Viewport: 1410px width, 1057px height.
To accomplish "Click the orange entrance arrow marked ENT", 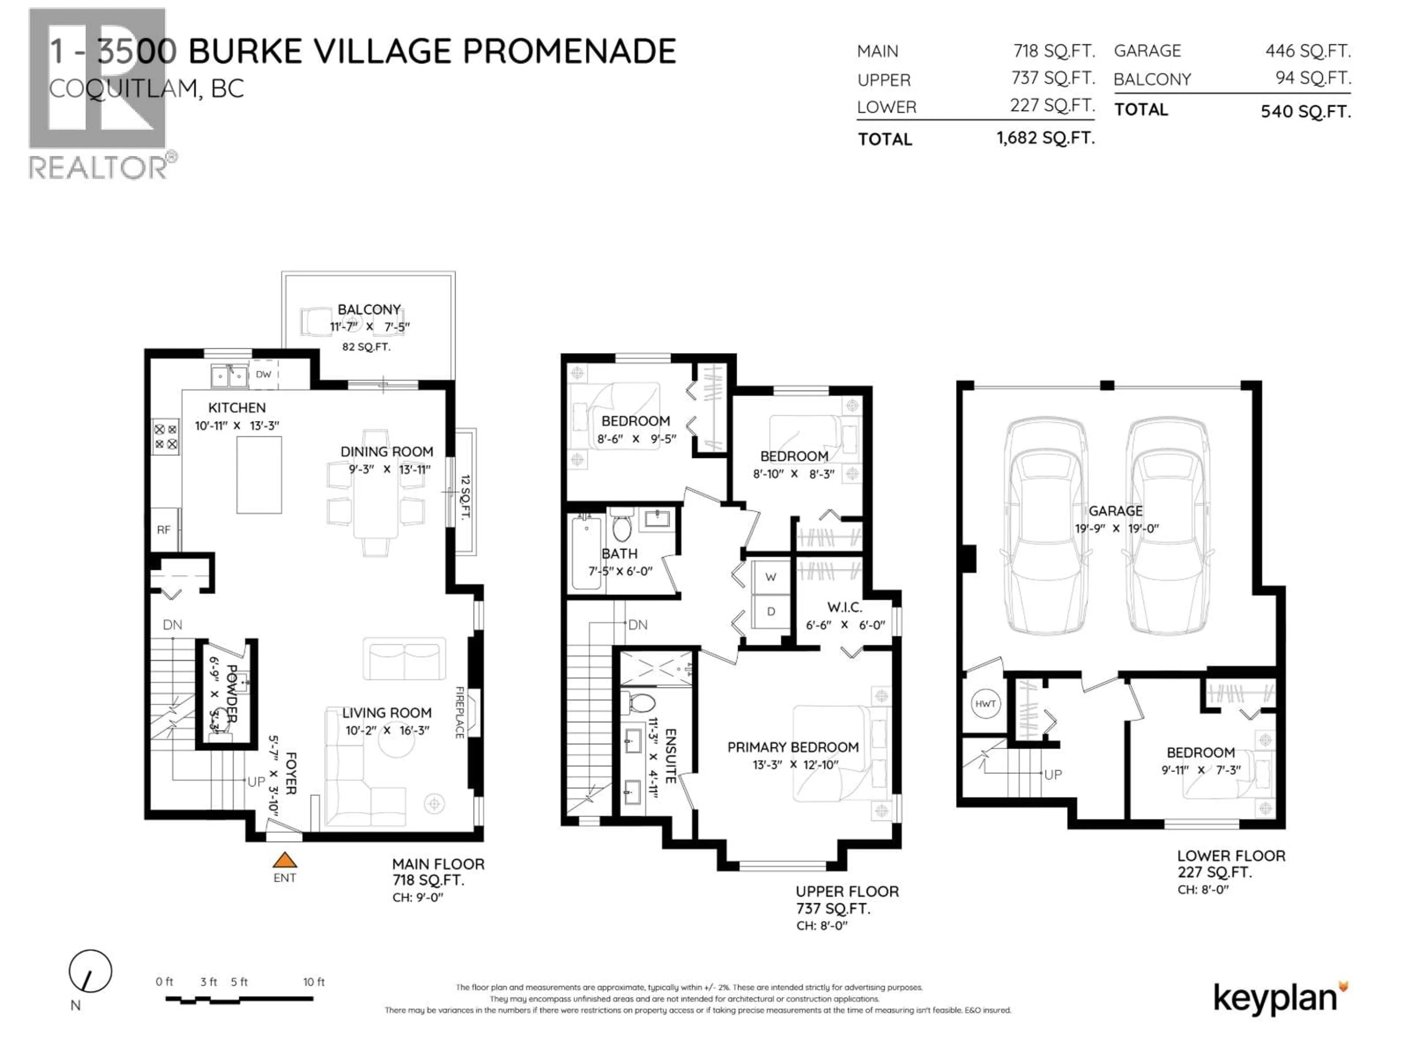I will click(x=285, y=860).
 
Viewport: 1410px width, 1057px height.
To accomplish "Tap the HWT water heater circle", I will click(x=985, y=704).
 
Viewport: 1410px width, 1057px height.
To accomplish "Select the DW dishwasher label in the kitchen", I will click(x=263, y=375).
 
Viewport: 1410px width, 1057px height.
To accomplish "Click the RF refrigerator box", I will click(x=164, y=530).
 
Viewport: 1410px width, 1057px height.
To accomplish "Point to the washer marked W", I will click(x=771, y=577).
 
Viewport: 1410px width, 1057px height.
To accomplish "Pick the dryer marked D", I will click(x=771, y=612).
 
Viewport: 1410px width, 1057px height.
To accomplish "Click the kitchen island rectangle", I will click(x=259, y=475).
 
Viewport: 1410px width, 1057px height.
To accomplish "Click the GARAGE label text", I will click(x=1116, y=511).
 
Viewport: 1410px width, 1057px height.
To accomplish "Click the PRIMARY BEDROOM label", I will click(x=793, y=747).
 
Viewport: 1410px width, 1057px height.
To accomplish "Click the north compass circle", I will click(x=91, y=971).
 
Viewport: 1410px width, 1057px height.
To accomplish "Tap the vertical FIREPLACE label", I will click(x=459, y=712).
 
